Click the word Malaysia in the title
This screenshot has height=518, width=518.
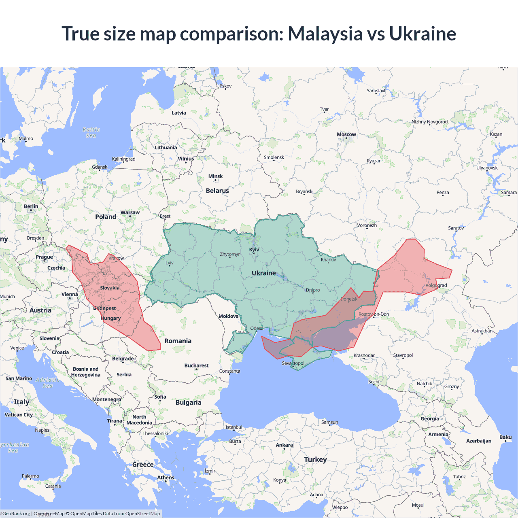click(325, 34)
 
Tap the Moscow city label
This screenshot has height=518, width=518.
click(346, 134)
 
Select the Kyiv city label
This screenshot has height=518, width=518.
click(254, 250)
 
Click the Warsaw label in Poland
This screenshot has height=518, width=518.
click(130, 212)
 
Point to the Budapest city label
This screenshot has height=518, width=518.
click(104, 308)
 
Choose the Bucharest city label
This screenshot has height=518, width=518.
click(196, 365)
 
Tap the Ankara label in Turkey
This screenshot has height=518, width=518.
click(284, 445)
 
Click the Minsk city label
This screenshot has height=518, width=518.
click(215, 176)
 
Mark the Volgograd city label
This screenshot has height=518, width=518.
click(436, 285)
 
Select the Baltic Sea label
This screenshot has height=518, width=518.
click(91, 133)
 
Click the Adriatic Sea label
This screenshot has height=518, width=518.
click(48, 383)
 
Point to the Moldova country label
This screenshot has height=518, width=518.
click(228, 316)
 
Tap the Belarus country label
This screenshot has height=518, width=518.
click(217, 191)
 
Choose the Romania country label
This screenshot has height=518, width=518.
click(178, 341)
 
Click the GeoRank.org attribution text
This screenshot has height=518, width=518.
click(16, 514)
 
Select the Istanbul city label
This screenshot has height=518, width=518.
click(234, 427)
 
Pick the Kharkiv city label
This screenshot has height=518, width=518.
click(328, 260)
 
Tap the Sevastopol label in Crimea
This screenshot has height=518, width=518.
click(293, 363)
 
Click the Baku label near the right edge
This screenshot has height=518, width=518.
click(505, 437)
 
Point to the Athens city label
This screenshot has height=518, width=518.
click(166, 478)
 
